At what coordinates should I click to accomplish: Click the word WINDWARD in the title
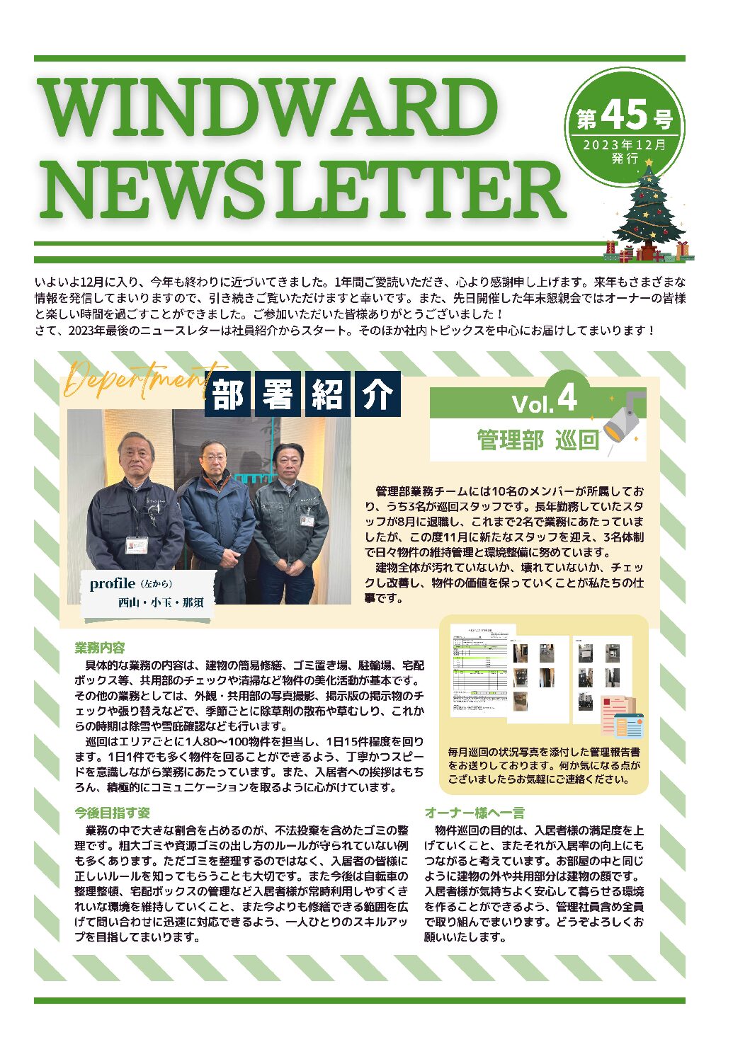[269, 108]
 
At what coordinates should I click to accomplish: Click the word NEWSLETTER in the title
[303, 190]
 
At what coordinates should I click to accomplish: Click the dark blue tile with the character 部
[228, 394]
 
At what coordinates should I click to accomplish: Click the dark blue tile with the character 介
[377, 394]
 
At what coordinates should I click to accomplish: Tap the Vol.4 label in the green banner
[544, 401]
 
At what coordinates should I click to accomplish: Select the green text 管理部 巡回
[538, 440]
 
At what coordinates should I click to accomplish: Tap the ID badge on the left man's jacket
[137, 545]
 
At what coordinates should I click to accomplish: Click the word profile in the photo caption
[112, 583]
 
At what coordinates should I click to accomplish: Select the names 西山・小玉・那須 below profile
[161, 602]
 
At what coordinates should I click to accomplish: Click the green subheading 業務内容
[100, 647]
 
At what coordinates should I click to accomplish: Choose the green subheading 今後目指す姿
[113, 813]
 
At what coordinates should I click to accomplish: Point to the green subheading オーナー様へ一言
[475, 813]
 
